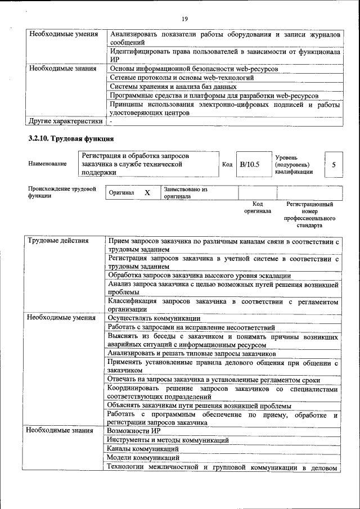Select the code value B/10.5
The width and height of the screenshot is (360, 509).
point(249,164)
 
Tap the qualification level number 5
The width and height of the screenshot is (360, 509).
point(334,164)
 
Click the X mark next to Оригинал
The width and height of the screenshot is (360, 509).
point(147,193)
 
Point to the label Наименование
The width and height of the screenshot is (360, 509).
point(47,164)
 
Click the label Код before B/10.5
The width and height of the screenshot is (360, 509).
point(227,164)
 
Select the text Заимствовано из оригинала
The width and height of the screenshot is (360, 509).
point(186,193)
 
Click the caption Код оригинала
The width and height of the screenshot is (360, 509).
point(258,208)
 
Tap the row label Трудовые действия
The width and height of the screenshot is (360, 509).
point(58,241)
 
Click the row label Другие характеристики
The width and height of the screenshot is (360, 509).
point(65,121)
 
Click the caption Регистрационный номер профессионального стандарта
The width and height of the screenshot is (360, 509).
point(310,215)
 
